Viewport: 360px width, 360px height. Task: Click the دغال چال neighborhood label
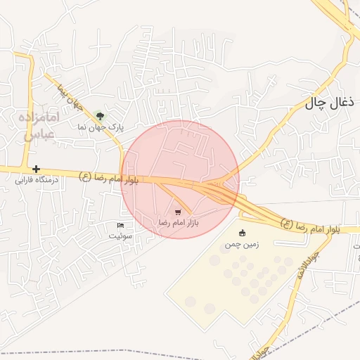[327, 103]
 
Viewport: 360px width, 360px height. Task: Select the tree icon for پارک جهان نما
[100, 116]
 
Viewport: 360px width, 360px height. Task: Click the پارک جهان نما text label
[100, 128]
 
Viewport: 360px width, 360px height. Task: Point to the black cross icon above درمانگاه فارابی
[36, 169]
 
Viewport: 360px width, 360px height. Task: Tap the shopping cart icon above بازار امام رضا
[178, 212]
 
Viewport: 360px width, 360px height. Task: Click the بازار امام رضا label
[178, 222]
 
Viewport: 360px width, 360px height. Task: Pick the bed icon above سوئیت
[120, 225]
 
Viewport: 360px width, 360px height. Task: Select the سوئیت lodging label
[120, 236]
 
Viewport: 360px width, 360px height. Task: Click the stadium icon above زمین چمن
[243, 233]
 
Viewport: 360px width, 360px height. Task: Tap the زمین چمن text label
[242, 245]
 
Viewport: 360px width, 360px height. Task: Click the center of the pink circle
[179, 179]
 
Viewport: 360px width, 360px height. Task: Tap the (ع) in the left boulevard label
[86, 176]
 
